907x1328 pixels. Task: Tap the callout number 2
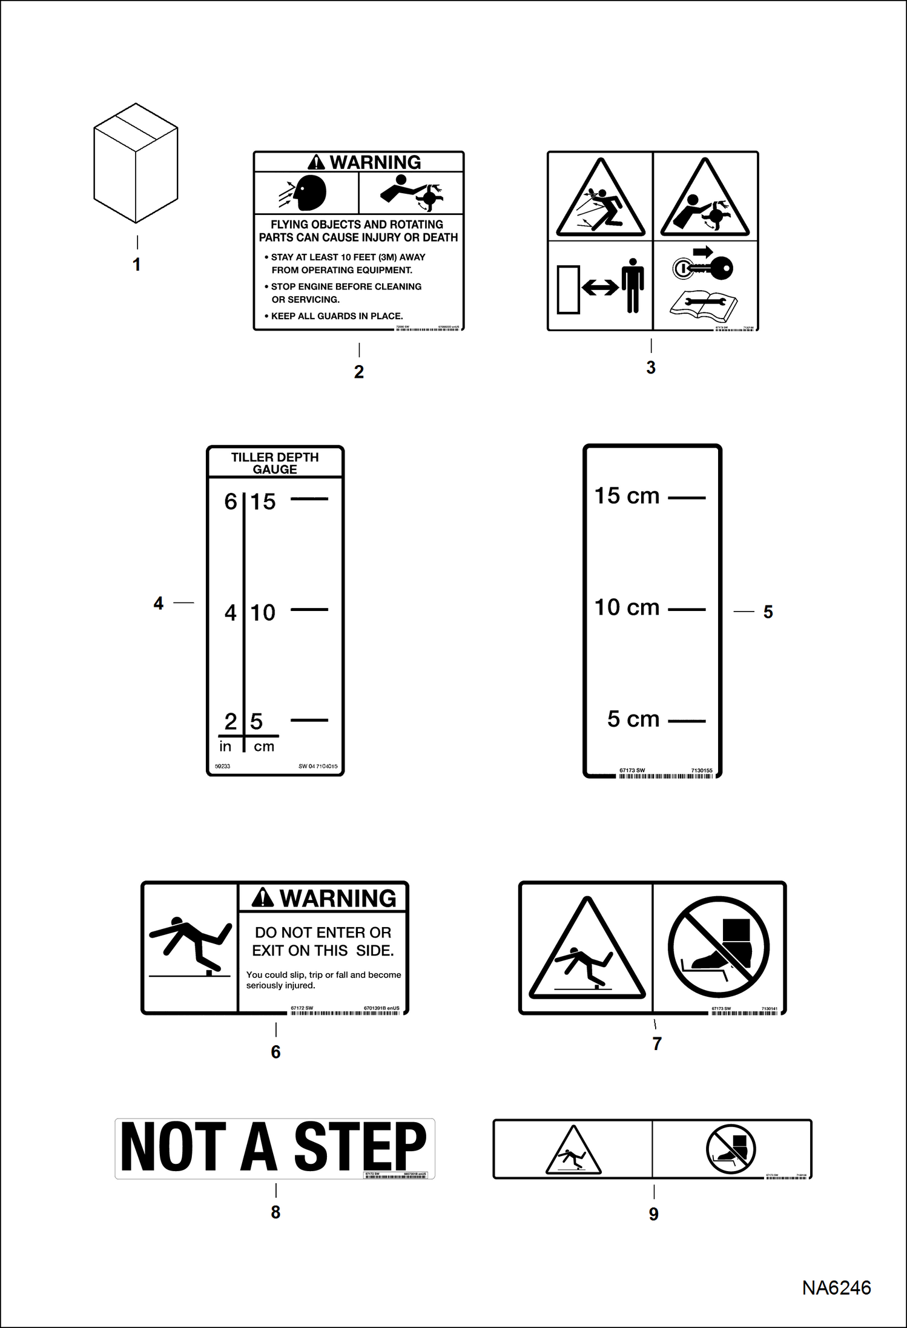coord(359,372)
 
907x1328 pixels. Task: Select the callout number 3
coord(651,368)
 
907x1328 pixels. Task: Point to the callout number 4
coord(159,603)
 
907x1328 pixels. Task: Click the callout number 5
coord(768,612)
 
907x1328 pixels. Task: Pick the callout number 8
coord(275,1212)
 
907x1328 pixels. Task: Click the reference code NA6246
coord(836,1287)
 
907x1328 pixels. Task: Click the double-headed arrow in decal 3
coord(600,288)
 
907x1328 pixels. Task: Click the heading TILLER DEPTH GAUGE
coord(275,463)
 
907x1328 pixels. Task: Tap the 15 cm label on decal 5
coord(627,496)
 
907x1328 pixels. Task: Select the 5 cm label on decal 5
coord(633,719)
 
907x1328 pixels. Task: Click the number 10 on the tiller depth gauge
coord(263,612)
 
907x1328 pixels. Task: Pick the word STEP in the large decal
coord(360,1147)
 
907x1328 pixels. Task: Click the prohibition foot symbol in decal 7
coord(718,947)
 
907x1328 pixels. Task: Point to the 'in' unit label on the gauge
coord(225,747)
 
